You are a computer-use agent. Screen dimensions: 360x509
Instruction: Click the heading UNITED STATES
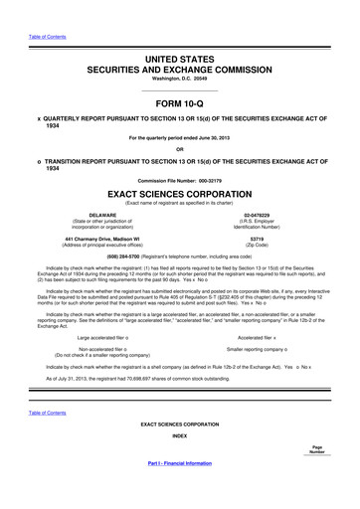click(x=180, y=61)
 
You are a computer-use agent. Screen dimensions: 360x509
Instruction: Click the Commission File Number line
click(x=180, y=180)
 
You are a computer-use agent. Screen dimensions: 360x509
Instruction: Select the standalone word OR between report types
click(x=180, y=151)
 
